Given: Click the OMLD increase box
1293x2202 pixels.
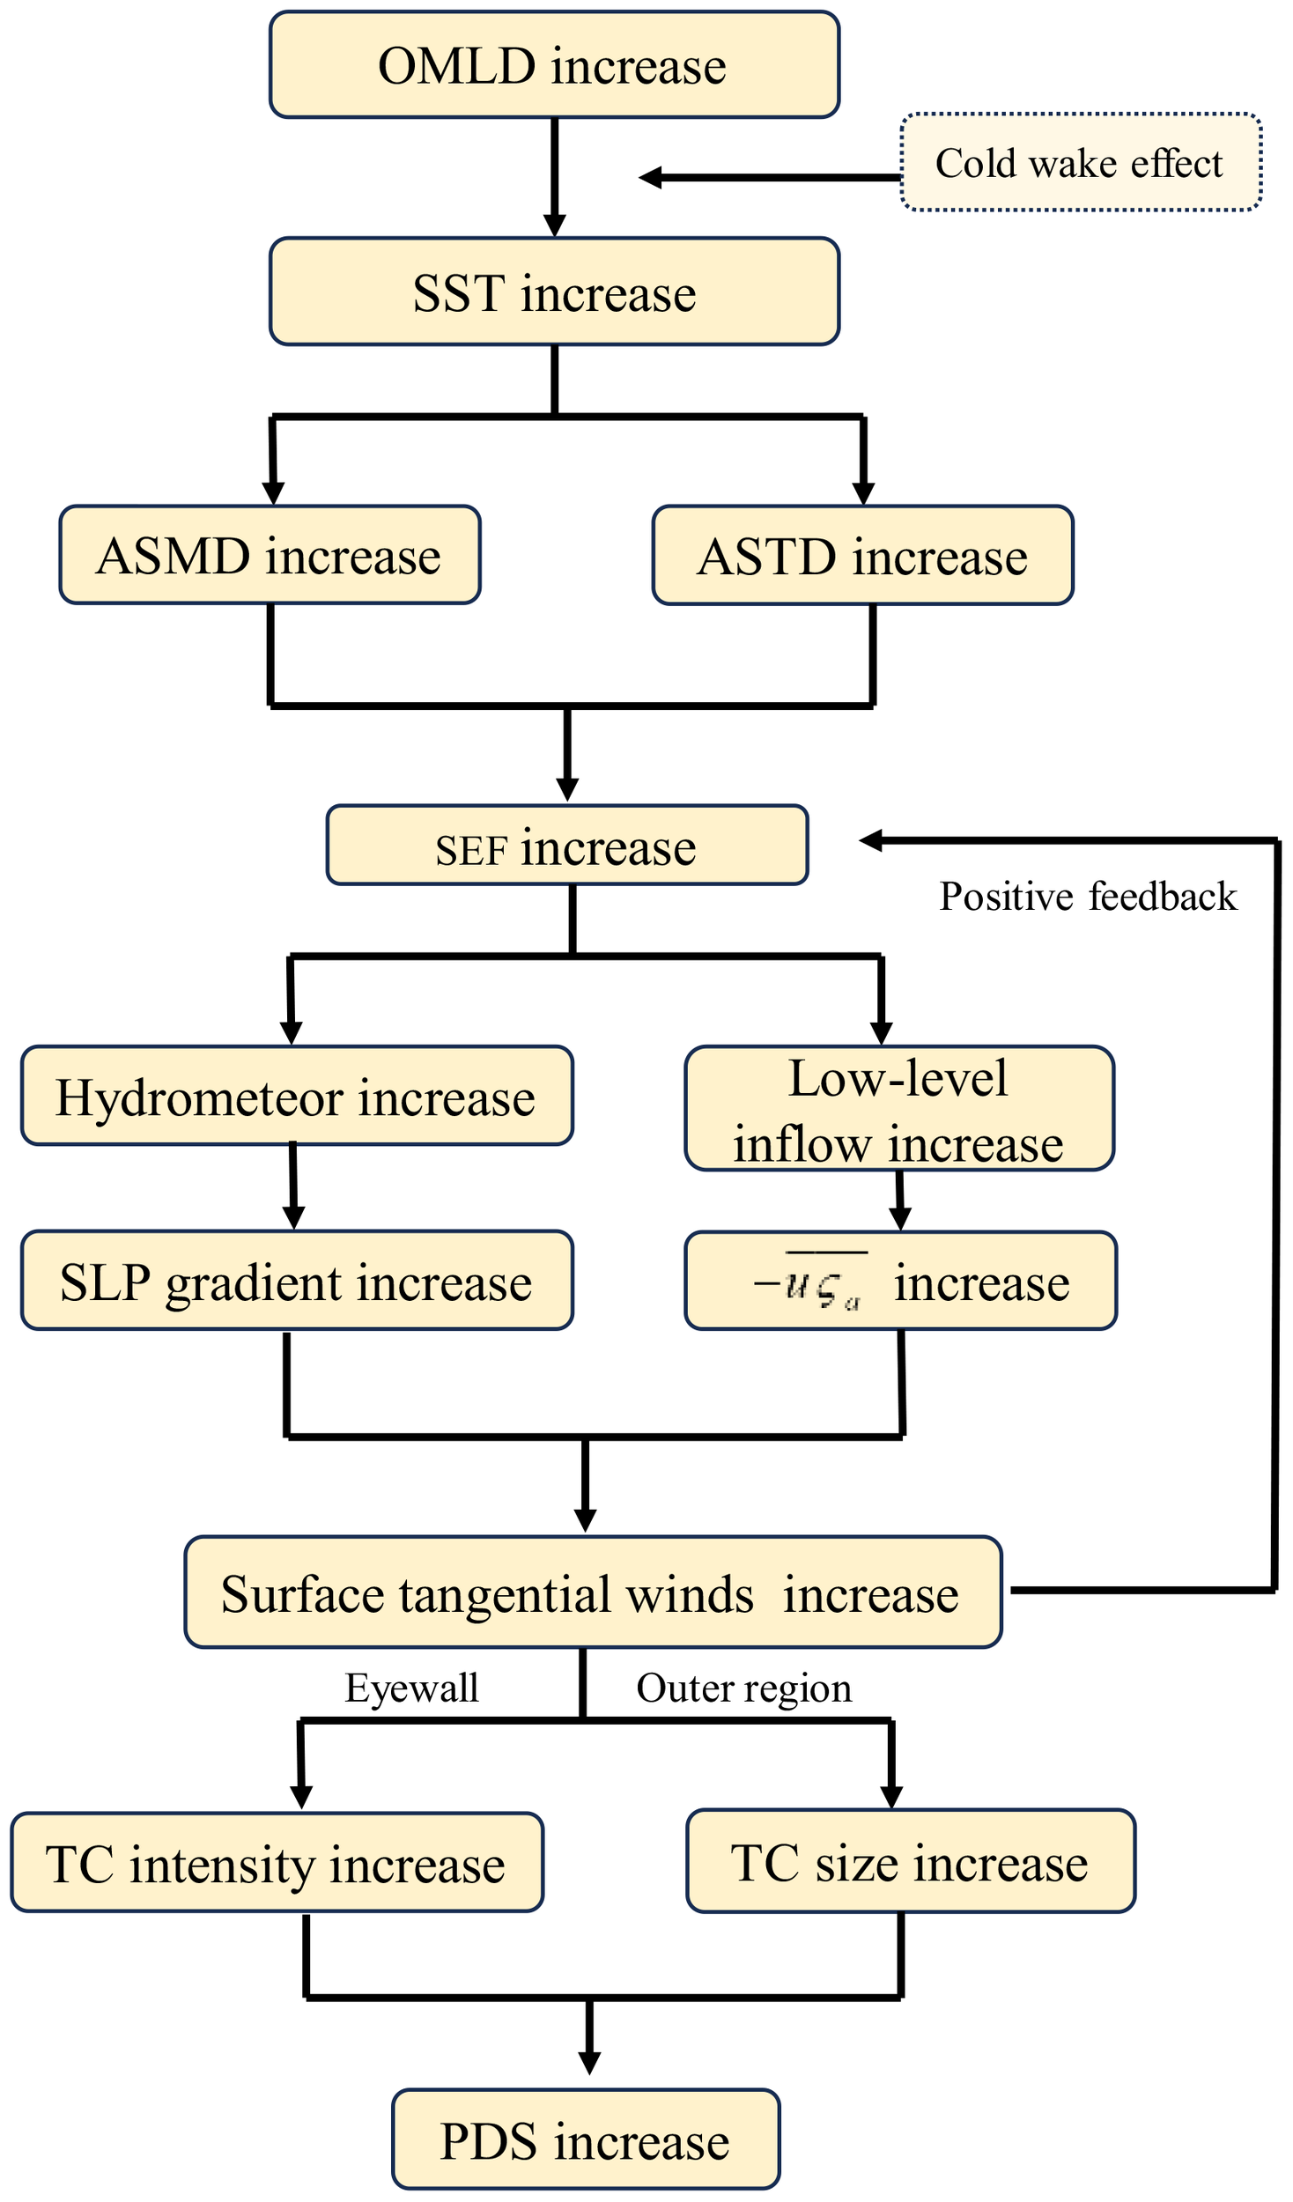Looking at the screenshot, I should click(554, 65).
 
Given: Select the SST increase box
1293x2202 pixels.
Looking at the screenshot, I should click(554, 292).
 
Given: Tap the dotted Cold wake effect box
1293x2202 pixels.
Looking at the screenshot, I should click(1081, 162).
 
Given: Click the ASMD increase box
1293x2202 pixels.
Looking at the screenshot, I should click(270, 555).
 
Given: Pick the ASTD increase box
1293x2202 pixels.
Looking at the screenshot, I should click(862, 556).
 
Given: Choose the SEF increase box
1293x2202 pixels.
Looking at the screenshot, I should click(567, 846).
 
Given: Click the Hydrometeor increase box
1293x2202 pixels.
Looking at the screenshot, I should click(297, 1096).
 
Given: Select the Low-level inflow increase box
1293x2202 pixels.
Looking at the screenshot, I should click(899, 1108).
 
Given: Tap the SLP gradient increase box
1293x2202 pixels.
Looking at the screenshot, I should click(297, 1281).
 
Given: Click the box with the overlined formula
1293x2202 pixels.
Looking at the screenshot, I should click(900, 1281).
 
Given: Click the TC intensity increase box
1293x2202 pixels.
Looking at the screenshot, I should click(277, 1863).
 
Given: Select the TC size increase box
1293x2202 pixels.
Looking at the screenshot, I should click(911, 1861).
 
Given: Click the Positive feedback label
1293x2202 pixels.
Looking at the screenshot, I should click(1088, 897).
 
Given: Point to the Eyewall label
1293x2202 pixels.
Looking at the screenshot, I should click(412, 1688).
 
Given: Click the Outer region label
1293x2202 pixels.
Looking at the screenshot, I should click(744, 1688).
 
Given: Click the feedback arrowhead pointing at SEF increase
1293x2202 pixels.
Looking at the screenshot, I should click(870, 840).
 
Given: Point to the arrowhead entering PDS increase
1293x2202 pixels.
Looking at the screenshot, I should click(589, 2063).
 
